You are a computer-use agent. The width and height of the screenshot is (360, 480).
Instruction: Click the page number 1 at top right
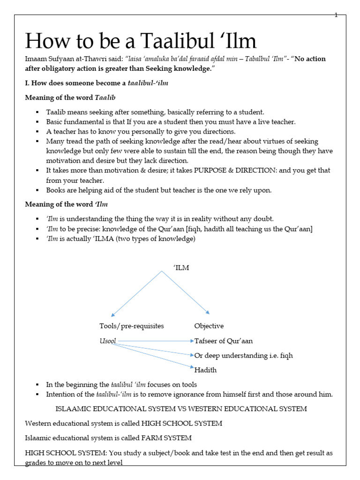pyautogui.click(x=336, y=15)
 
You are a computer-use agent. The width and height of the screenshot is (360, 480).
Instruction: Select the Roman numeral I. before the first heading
pyautogui.click(x=27, y=83)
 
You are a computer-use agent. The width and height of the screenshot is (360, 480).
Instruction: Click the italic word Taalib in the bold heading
pyautogui.click(x=105, y=98)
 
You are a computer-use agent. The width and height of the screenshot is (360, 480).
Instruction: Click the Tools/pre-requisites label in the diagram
pyautogui.click(x=132, y=326)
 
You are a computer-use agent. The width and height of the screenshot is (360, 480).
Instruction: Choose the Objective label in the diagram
pyautogui.click(x=209, y=326)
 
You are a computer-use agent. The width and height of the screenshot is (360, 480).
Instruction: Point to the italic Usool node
pyautogui.click(x=108, y=341)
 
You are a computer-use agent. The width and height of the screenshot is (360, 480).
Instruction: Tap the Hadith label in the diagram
pyautogui.click(x=206, y=370)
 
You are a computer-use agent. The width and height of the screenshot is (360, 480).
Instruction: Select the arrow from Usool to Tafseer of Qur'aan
pyautogui.click(x=155, y=341)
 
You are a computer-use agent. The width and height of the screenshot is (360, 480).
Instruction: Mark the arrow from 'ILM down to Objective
pyautogui.click(x=186, y=292)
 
